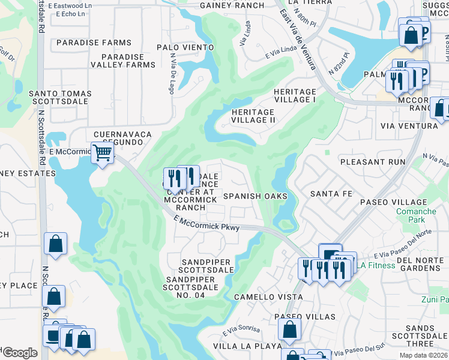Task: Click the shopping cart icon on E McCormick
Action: [x=103, y=154]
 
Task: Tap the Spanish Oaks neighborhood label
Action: [x=256, y=196]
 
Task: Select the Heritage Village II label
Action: [x=253, y=116]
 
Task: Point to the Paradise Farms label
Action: [x=94, y=43]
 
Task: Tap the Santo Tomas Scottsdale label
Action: [x=60, y=98]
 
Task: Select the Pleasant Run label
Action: [x=372, y=162]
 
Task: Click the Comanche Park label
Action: [x=415, y=216]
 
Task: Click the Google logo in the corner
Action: [x=19, y=353]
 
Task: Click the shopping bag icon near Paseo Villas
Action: [x=289, y=329]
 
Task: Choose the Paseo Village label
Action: [x=393, y=202]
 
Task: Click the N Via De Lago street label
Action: [x=172, y=74]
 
